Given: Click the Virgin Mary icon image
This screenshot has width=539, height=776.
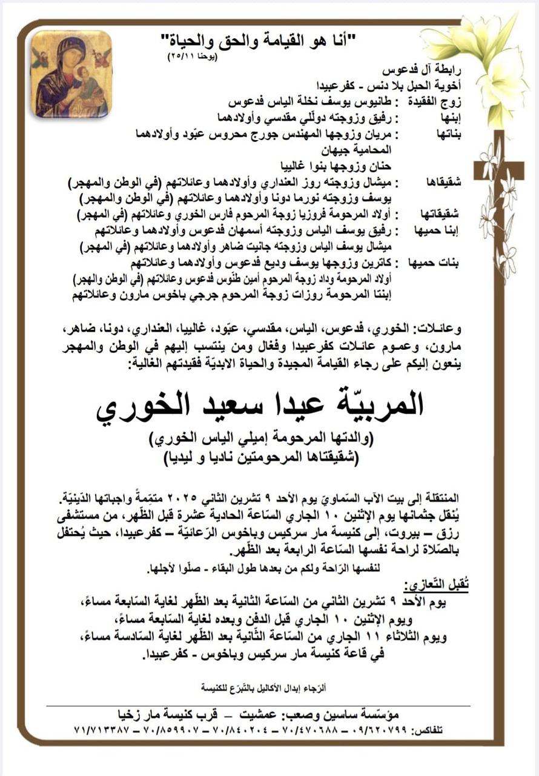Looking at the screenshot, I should [x=71, y=73].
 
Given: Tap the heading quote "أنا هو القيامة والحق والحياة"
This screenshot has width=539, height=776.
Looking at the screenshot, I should [x=262, y=44].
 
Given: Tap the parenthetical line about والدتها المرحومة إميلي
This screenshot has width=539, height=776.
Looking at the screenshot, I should [x=260, y=438].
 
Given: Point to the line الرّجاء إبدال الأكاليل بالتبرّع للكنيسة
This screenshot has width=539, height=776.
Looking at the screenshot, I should [x=264, y=687].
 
